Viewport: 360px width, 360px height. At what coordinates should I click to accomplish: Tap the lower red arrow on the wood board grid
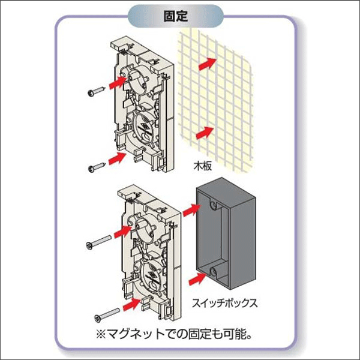(x=206, y=131)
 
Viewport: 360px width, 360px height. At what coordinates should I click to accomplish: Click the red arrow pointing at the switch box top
(x=191, y=209)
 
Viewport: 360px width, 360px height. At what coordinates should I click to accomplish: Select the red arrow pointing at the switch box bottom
(x=191, y=277)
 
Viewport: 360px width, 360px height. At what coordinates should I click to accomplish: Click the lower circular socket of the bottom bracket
(x=150, y=273)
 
